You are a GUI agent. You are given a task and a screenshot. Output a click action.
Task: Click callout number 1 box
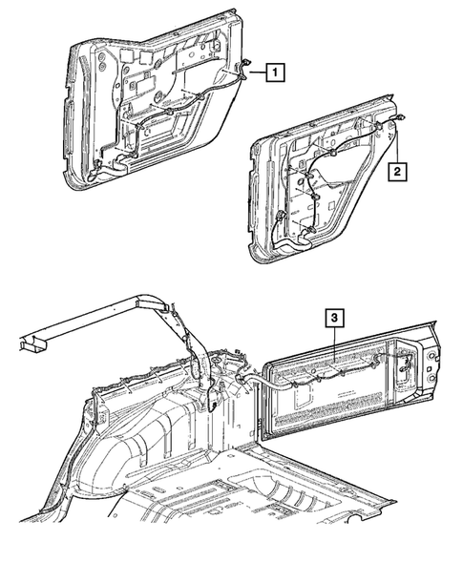274,71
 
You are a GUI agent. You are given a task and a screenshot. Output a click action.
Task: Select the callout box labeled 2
395,173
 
